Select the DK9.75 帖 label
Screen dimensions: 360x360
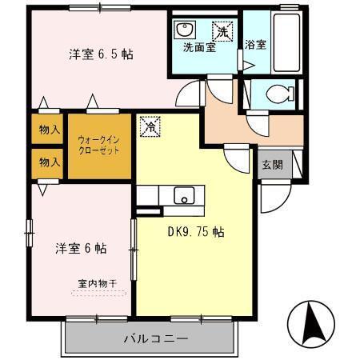coord(195,233)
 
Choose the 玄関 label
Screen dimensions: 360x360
coord(271,166)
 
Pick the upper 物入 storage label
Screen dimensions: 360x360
coord(49,130)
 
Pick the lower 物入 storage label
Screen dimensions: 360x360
coord(49,162)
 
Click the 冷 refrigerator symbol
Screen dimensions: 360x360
coord(150,126)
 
